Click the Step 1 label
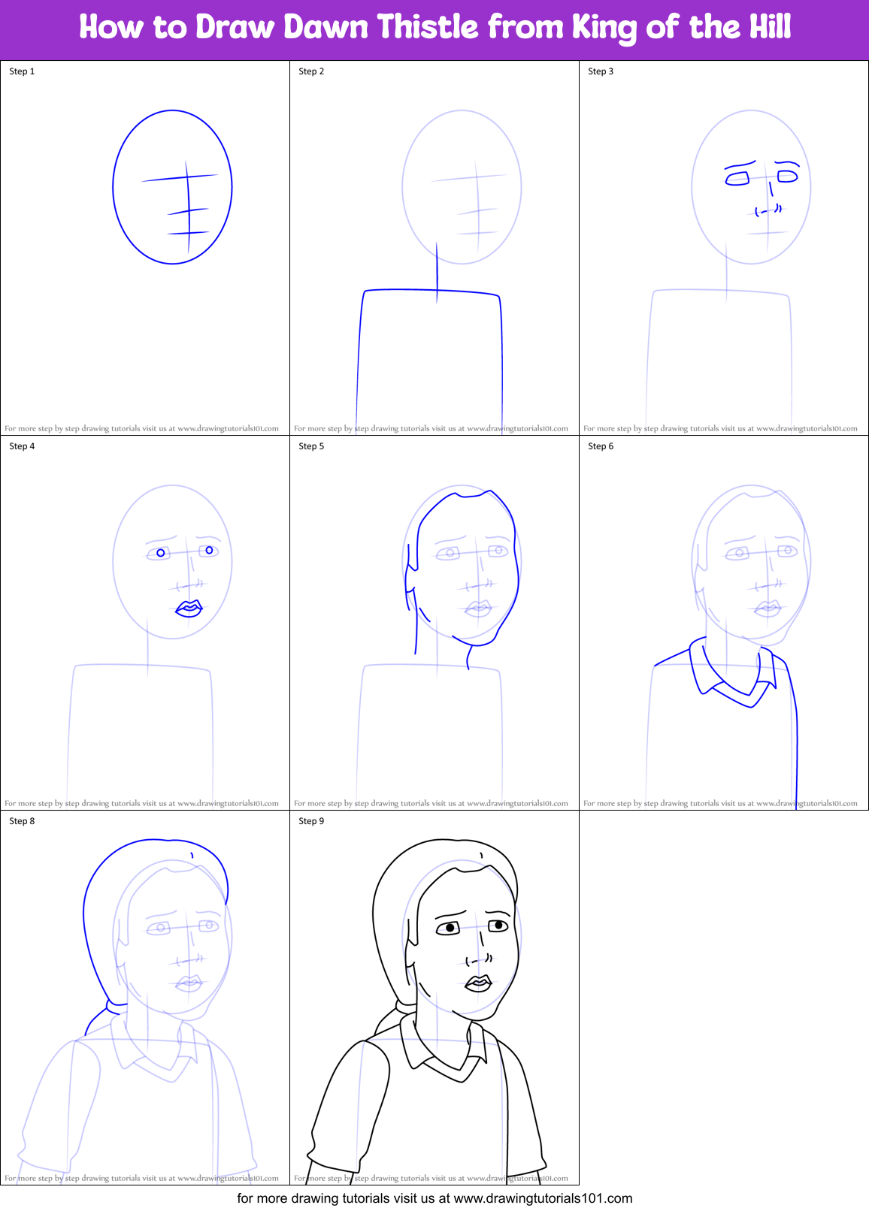pyautogui.click(x=22, y=71)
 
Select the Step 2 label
pyautogui.click(x=311, y=71)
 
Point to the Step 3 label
pyautogui.click(x=601, y=71)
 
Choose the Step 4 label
pyautogui.click(x=22, y=446)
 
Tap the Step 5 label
pyautogui.click(x=311, y=446)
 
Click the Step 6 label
pyautogui.click(x=601, y=446)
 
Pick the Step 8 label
pyautogui.click(x=22, y=821)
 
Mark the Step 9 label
pyautogui.click(x=311, y=821)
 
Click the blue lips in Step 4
pyautogui.click(x=189, y=609)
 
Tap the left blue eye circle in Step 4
pyautogui.click(x=160, y=554)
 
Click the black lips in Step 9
pyautogui.click(x=478, y=983)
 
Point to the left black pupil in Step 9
pyautogui.click(x=450, y=928)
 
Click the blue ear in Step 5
pyautogui.click(x=410, y=579)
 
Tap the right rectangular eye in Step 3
pyautogui.click(x=787, y=177)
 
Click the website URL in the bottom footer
pyautogui.click(x=543, y=1198)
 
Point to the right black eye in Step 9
pyautogui.click(x=498, y=925)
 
